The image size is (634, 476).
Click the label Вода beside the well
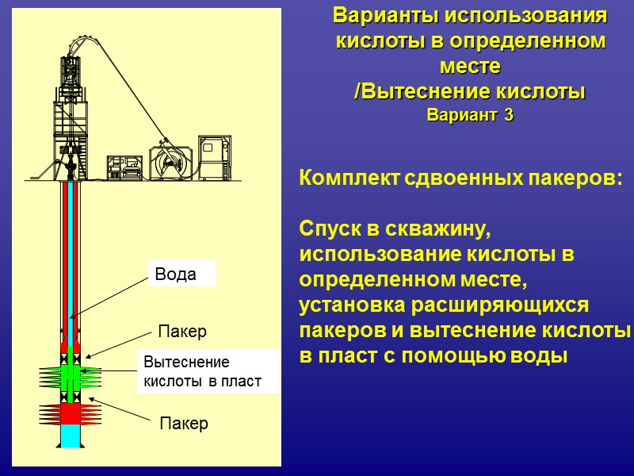(x=176, y=274)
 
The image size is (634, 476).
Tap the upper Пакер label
(x=182, y=330)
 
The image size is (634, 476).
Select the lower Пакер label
(x=184, y=424)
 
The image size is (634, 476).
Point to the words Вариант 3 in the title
(x=470, y=115)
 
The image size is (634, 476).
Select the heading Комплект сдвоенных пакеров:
(x=460, y=179)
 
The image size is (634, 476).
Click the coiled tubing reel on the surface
(x=171, y=162)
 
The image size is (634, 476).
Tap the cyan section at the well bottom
(x=71, y=436)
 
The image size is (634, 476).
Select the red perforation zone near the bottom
(x=71, y=413)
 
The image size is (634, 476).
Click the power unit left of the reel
(x=124, y=165)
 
